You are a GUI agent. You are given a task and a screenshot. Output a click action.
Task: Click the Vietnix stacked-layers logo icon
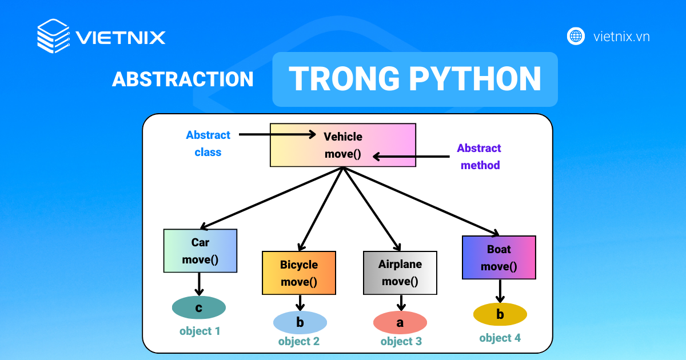(53, 37)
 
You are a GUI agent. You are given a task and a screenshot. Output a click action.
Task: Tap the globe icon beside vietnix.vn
(576, 37)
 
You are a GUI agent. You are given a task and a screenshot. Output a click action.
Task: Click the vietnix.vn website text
(621, 37)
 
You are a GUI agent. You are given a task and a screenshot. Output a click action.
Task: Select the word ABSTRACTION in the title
(182, 79)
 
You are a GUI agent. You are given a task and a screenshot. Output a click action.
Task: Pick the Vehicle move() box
(343, 145)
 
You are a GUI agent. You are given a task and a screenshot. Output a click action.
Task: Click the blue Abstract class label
(208, 143)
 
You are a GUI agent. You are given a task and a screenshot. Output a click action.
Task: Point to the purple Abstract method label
(478, 157)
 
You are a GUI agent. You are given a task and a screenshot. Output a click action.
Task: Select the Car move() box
(200, 251)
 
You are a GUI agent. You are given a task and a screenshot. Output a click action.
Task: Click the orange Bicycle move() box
(298, 273)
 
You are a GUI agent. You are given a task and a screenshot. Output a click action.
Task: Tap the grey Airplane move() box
(400, 273)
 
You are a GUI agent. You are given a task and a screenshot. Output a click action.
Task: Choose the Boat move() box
(498, 258)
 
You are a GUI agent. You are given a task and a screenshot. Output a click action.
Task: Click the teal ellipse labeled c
(199, 308)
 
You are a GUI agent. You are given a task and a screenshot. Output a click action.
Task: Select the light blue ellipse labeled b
(300, 323)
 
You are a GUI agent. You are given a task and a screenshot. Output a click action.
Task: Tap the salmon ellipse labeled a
(400, 323)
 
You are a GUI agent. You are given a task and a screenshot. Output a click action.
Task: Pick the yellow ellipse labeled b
(500, 314)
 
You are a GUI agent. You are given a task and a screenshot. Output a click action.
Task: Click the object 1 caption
(200, 331)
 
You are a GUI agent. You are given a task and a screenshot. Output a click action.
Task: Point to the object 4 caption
(500, 338)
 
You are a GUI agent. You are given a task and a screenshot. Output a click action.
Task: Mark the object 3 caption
(401, 341)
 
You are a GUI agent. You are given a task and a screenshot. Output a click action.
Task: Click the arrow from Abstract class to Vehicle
(277, 134)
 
